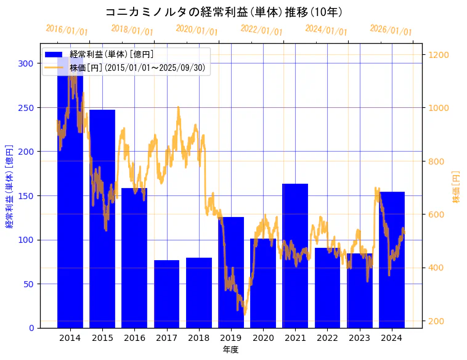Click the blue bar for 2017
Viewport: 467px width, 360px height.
point(166,294)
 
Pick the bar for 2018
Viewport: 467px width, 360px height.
point(199,293)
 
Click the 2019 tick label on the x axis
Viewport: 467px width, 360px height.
point(231,337)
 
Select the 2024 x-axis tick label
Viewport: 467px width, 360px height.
point(392,337)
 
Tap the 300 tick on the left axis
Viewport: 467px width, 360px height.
point(26,63)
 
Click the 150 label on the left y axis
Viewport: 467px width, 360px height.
point(26,196)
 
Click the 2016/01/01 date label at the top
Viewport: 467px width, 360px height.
point(67,30)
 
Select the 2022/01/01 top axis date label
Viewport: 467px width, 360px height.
point(261,30)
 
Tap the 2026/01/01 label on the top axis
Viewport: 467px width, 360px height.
point(391,30)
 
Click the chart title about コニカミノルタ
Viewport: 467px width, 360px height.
point(224,12)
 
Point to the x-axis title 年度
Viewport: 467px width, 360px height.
point(231,350)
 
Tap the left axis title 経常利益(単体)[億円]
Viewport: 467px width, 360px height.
point(9,187)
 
